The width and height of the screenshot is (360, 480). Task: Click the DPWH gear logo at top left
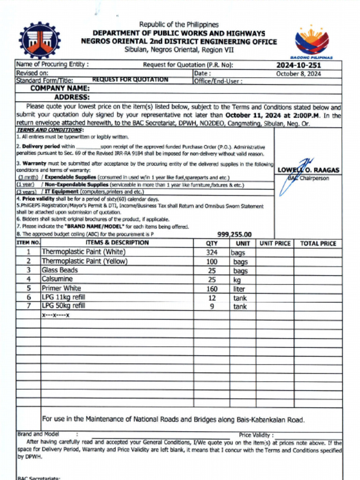point(39,41)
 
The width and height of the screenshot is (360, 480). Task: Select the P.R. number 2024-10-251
point(298,65)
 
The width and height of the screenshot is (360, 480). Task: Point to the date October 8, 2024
point(298,74)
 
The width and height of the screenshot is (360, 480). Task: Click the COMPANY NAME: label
point(60,88)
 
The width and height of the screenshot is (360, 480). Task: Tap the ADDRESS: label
point(72,97)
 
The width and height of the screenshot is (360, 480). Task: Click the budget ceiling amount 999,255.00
point(234,234)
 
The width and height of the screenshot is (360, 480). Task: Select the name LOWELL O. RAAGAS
point(308,170)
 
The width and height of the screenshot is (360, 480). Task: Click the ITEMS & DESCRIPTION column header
point(117,243)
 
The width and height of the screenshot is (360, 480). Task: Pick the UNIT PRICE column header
point(275,243)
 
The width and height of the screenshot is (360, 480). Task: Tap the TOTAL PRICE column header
point(318,243)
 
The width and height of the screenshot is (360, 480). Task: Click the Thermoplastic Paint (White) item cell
point(83,252)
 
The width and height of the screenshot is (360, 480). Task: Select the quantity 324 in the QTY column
point(211,252)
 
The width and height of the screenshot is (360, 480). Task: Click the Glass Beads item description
point(60,270)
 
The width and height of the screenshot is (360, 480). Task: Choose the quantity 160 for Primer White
point(212,289)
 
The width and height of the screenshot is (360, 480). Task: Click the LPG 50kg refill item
point(64,306)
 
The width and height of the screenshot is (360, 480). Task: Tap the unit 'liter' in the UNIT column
point(240,289)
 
